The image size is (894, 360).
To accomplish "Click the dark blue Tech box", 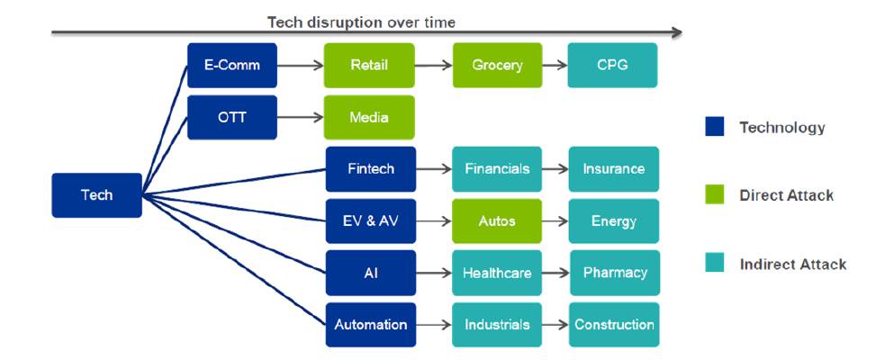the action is click(x=97, y=195).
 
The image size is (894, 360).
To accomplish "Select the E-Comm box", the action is click(x=232, y=65).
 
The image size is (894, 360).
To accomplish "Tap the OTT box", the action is click(x=232, y=117).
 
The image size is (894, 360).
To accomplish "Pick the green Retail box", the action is click(x=369, y=65).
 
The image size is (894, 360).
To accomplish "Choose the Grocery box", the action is click(x=497, y=65).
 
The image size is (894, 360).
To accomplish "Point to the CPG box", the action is click(x=612, y=65).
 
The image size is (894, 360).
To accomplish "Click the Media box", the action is click(x=369, y=117).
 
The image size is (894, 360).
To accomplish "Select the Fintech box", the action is click(x=371, y=169).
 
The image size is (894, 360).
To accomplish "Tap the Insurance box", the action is click(x=614, y=169).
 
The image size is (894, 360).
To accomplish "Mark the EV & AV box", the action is click(x=371, y=221).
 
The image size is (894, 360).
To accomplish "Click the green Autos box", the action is click(x=497, y=221).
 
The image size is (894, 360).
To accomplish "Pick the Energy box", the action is click(x=614, y=221).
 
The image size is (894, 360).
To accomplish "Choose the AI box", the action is click(x=371, y=273).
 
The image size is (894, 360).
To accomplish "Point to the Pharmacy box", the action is click(x=615, y=273).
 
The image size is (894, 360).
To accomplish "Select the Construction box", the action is click(x=614, y=325).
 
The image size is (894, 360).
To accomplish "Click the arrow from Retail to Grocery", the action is click(x=433, y=66).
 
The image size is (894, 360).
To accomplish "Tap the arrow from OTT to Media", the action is click(x=301, y=117).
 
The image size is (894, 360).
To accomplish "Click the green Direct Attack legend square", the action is click(x=715, y=194).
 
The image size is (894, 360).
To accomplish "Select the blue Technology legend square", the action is click(x=715, y=127).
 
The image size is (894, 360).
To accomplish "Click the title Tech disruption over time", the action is click(x=362, y=22).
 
